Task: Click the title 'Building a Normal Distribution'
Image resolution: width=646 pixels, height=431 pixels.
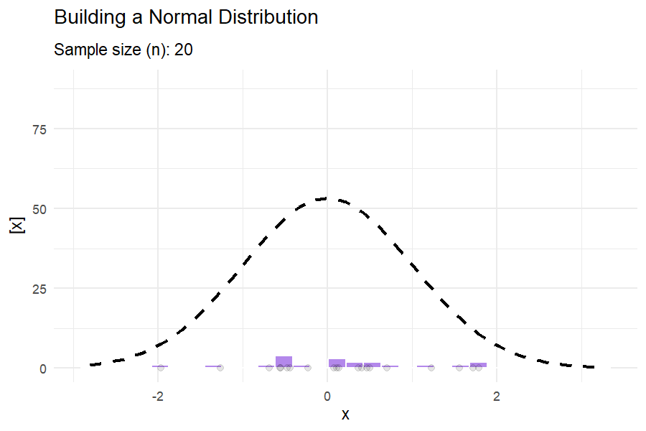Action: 186,17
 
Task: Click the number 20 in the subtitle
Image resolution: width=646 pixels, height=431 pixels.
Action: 183,50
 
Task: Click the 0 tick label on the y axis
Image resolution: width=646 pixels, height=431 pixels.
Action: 43,369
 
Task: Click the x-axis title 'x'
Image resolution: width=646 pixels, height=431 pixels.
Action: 345,414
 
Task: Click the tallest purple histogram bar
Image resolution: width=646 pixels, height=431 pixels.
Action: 284,362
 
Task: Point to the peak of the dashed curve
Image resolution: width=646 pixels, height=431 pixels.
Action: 327,198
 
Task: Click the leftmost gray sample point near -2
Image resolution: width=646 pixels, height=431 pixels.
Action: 161,368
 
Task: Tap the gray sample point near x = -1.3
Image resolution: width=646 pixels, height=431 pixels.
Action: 220,368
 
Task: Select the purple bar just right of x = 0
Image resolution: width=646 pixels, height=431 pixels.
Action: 337,363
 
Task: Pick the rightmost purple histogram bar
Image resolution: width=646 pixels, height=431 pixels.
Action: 478,365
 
